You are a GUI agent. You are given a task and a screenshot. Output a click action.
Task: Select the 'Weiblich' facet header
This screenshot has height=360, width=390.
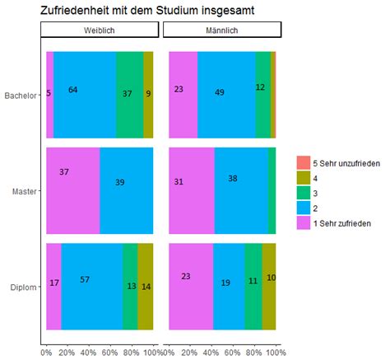pos(100,30)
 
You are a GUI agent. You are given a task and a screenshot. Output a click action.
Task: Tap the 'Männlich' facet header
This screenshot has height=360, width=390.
pos(223,30)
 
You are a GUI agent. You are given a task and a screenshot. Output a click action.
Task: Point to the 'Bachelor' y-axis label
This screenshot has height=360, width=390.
pos(21,96)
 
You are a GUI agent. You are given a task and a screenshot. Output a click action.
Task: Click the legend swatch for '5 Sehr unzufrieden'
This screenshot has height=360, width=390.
pos(304,164)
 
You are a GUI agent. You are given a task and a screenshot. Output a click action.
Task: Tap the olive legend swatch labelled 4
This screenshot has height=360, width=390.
pos(304,179)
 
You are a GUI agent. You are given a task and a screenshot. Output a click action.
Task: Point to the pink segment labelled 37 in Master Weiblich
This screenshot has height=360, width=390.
pos(72,190)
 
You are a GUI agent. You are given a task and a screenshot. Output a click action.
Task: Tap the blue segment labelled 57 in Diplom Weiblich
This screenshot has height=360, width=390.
pos(91,287)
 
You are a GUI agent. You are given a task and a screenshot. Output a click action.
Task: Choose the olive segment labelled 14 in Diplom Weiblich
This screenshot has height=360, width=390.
pos(146,287)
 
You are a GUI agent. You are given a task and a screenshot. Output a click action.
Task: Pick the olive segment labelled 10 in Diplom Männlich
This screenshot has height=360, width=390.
pos(271,287)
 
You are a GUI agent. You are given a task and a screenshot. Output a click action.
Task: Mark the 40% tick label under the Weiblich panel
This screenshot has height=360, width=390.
pos(89,353)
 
